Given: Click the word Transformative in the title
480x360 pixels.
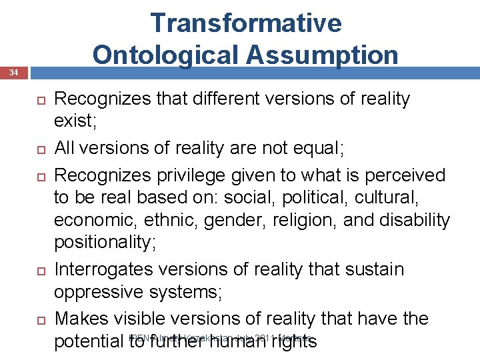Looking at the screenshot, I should coord(246,23).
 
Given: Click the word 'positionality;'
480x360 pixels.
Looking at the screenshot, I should coord(105,242).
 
